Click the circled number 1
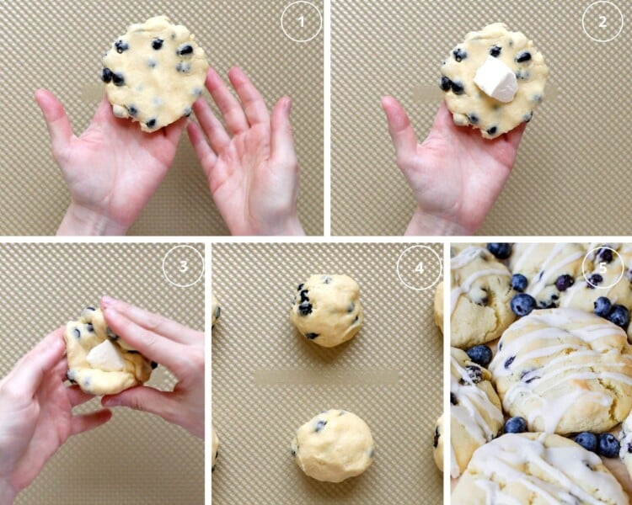pyautogui.click(x=301, y=22)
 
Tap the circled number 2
pyautogui.click(x=603, y=22)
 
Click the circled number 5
pyautogui.click(x=603, y=268)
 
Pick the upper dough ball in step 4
pyautogui.click(x=327, y=310)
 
